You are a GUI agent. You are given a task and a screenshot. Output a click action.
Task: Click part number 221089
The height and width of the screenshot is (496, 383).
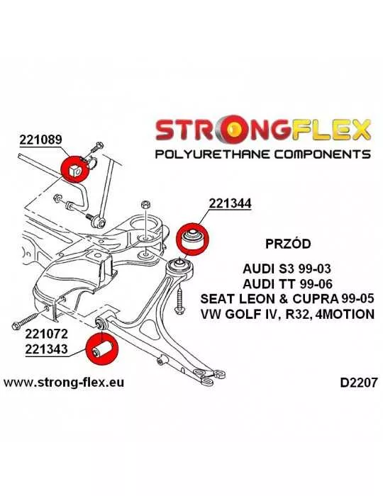coord(41,140)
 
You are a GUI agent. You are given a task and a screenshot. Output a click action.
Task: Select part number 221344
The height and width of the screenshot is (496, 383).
coord(230,203)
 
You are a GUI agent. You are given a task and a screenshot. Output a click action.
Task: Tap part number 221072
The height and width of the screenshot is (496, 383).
coord(47,334)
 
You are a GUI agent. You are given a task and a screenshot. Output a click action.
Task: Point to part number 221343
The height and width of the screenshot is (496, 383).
coord(47,349)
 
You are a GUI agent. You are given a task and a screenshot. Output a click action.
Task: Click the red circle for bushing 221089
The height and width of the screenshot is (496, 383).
coord(75,169)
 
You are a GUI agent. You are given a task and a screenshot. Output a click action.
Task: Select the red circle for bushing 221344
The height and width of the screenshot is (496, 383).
coord(192,239)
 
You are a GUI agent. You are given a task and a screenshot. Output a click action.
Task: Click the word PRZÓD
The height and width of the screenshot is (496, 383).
coord(288,244)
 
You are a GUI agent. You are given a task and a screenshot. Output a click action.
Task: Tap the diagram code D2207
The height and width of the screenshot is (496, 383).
coord(359,383)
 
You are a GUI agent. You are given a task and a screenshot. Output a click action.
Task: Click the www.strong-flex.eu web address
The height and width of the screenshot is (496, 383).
coord(64,383)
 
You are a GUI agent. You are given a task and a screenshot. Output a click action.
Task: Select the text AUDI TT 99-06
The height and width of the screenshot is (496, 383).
coord(287,283)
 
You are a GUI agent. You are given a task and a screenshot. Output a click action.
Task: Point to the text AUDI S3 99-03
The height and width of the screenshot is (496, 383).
coord(287,269)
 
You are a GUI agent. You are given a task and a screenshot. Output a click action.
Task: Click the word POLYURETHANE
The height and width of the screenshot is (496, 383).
coord(212,154)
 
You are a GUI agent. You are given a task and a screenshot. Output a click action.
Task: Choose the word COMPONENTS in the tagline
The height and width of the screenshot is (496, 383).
coord(322,154)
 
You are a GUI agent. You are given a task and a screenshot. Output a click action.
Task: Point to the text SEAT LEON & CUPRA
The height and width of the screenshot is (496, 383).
coord(270,298)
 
